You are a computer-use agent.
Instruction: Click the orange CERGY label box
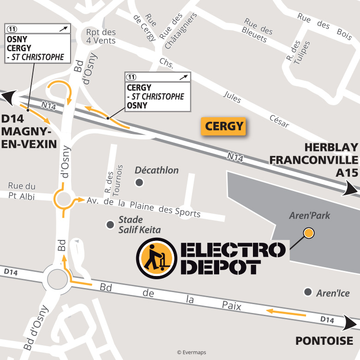(x=224, y=126)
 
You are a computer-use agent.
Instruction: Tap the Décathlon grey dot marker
(x=139, y=183)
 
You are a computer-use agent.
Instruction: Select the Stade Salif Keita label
(x=131, y=225)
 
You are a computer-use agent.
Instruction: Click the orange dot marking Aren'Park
(x=308, y=233)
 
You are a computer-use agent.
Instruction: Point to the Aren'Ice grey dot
(x=308, y=292)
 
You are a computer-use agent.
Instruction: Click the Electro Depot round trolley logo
(x=157, y=258)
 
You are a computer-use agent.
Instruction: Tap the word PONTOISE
(x=324, y=342)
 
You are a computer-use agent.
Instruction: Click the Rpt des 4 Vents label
(x=101, y=36)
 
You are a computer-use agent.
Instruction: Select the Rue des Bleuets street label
(x=257, y=31)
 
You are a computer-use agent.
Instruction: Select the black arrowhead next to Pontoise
(x=352, y=322)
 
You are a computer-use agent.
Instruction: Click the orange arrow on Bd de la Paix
(x=286, y=313)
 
